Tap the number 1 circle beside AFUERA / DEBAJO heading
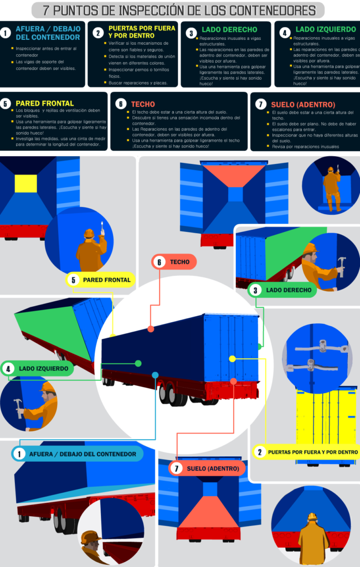coord(6,33)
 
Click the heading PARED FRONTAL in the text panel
coord(44,104)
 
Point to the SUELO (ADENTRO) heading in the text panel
coord(302,105)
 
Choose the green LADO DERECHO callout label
coord(282,290)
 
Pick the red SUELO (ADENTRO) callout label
coord(208,468)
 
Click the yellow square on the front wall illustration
coord(25,182)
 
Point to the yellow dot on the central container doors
coord(232,359)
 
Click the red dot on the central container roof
coord(151,329)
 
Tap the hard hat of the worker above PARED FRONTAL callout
coord(89,234)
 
